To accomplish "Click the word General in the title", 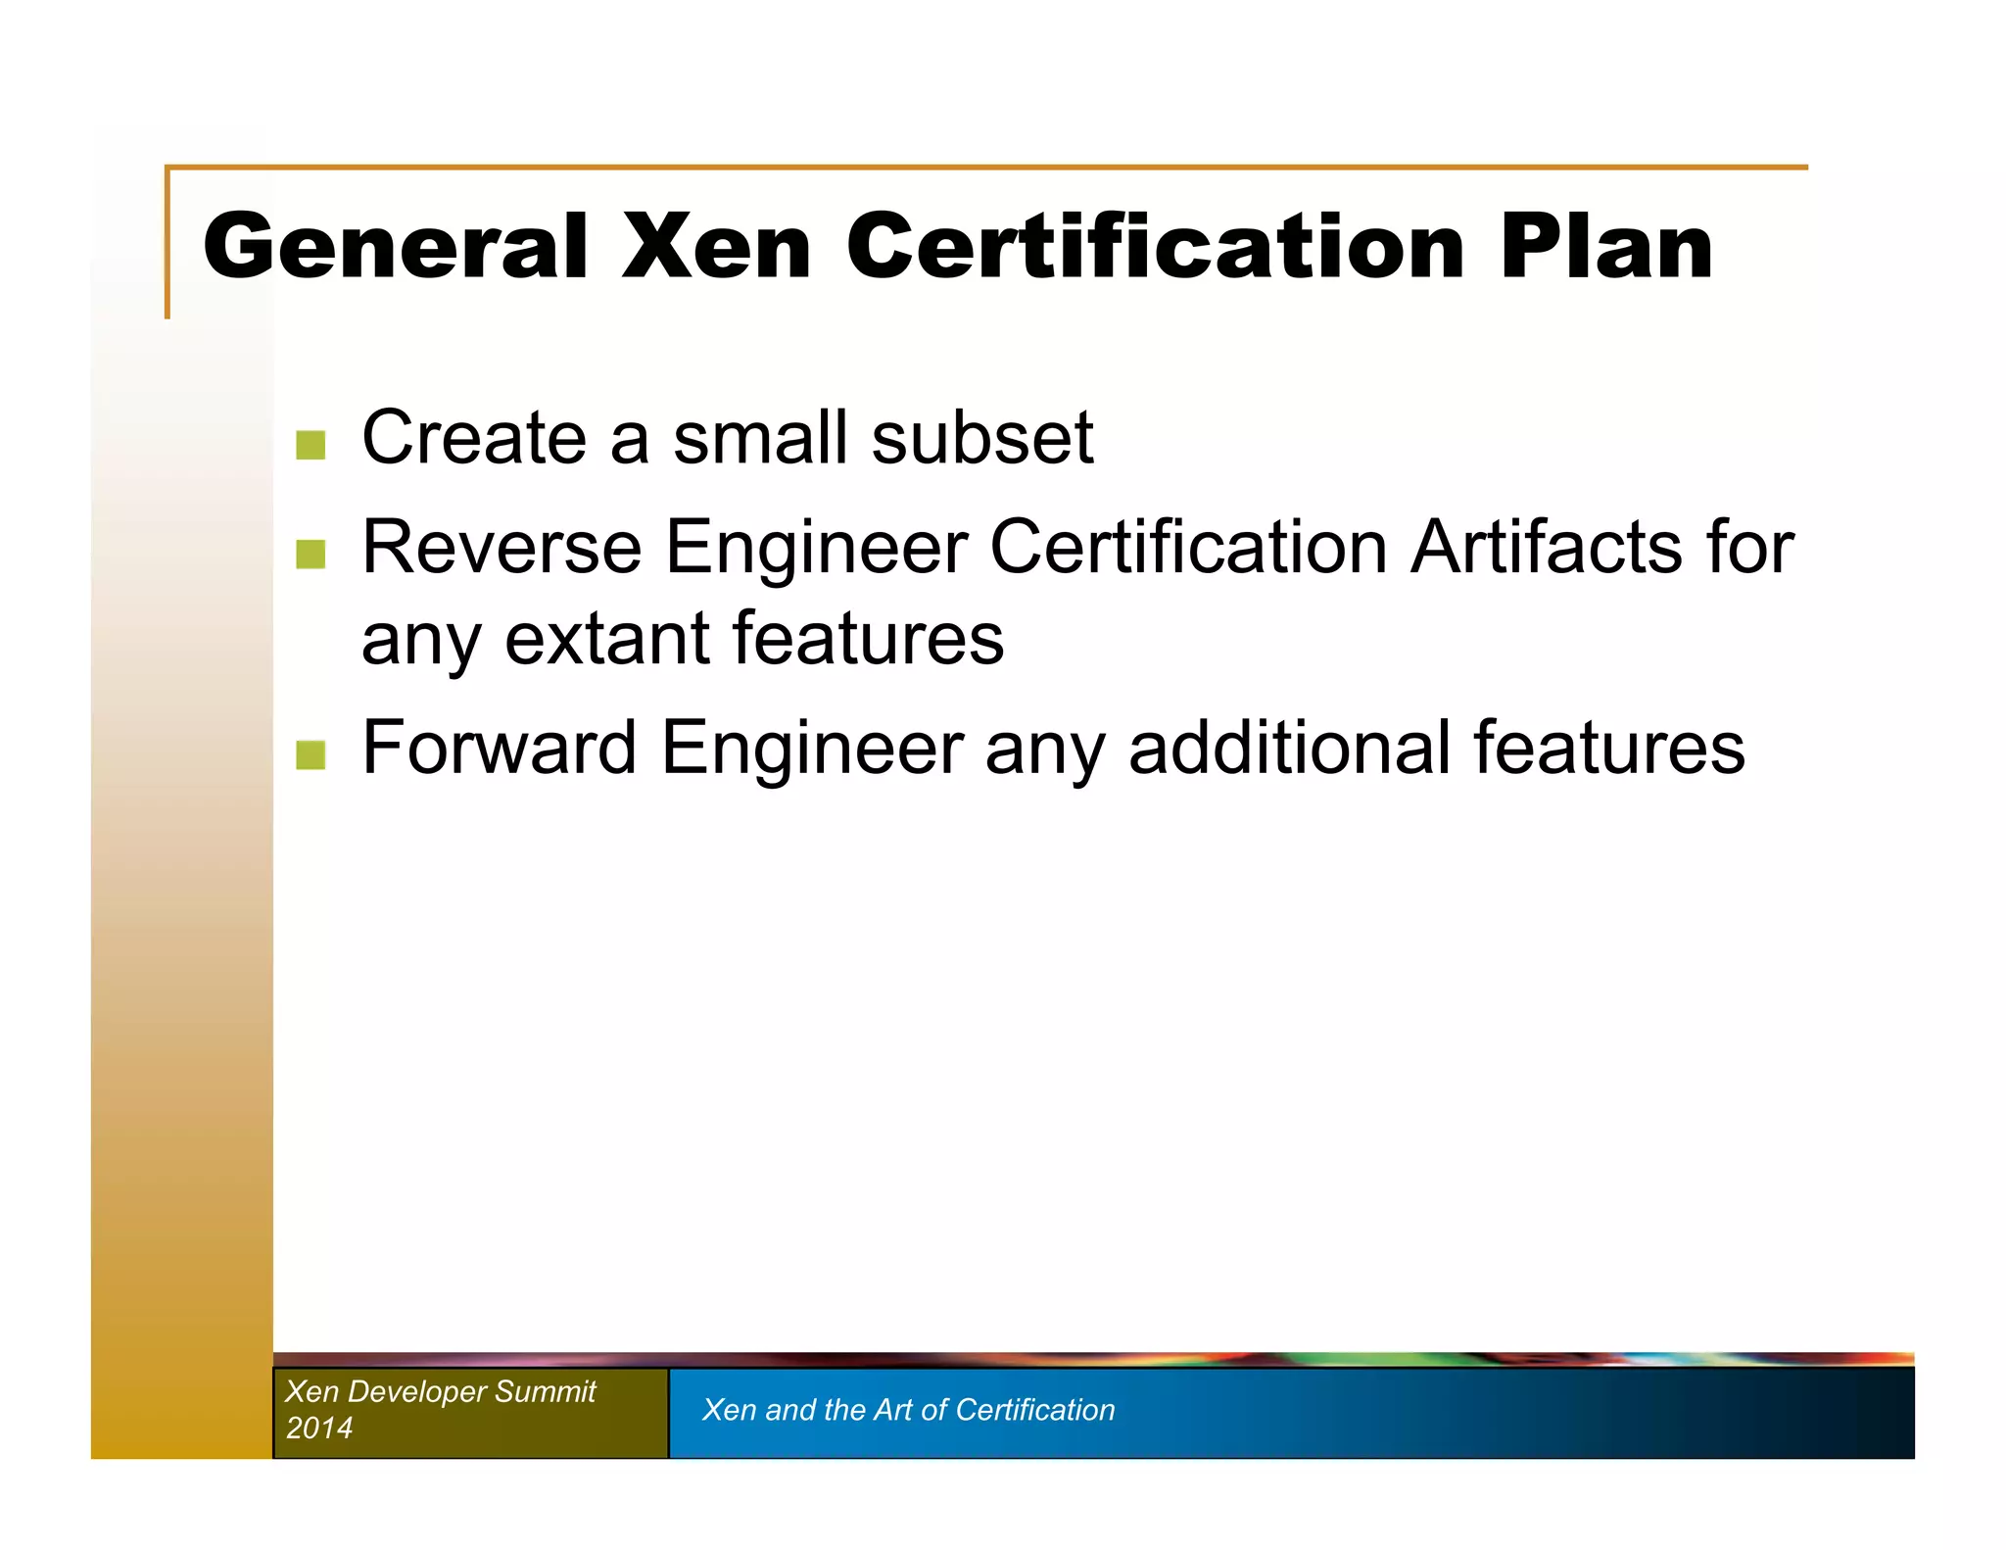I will [x=395, y=246].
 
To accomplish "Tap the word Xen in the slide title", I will [x=716, y=246].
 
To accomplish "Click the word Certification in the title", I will [x=1155, y=246].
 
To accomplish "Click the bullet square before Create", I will [x=310, y=445].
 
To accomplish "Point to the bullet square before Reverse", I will [x=310, y=554].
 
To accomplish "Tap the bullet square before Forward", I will [x=310, y=755].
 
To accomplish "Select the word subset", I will [x=981, y=437].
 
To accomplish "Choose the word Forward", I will [x=500, y=748].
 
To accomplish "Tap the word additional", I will [x=1289, y=748].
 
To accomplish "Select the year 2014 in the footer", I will [x=319, y=1428].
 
